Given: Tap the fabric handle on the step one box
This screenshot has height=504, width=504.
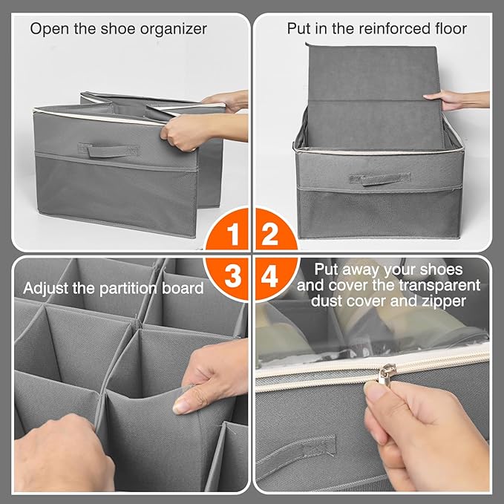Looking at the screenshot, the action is (108, 150).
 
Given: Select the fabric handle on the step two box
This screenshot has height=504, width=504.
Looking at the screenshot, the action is (380, 179).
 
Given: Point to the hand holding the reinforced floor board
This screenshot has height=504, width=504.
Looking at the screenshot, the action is (456, 99).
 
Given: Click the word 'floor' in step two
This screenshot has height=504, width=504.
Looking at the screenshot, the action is (451, 29).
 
